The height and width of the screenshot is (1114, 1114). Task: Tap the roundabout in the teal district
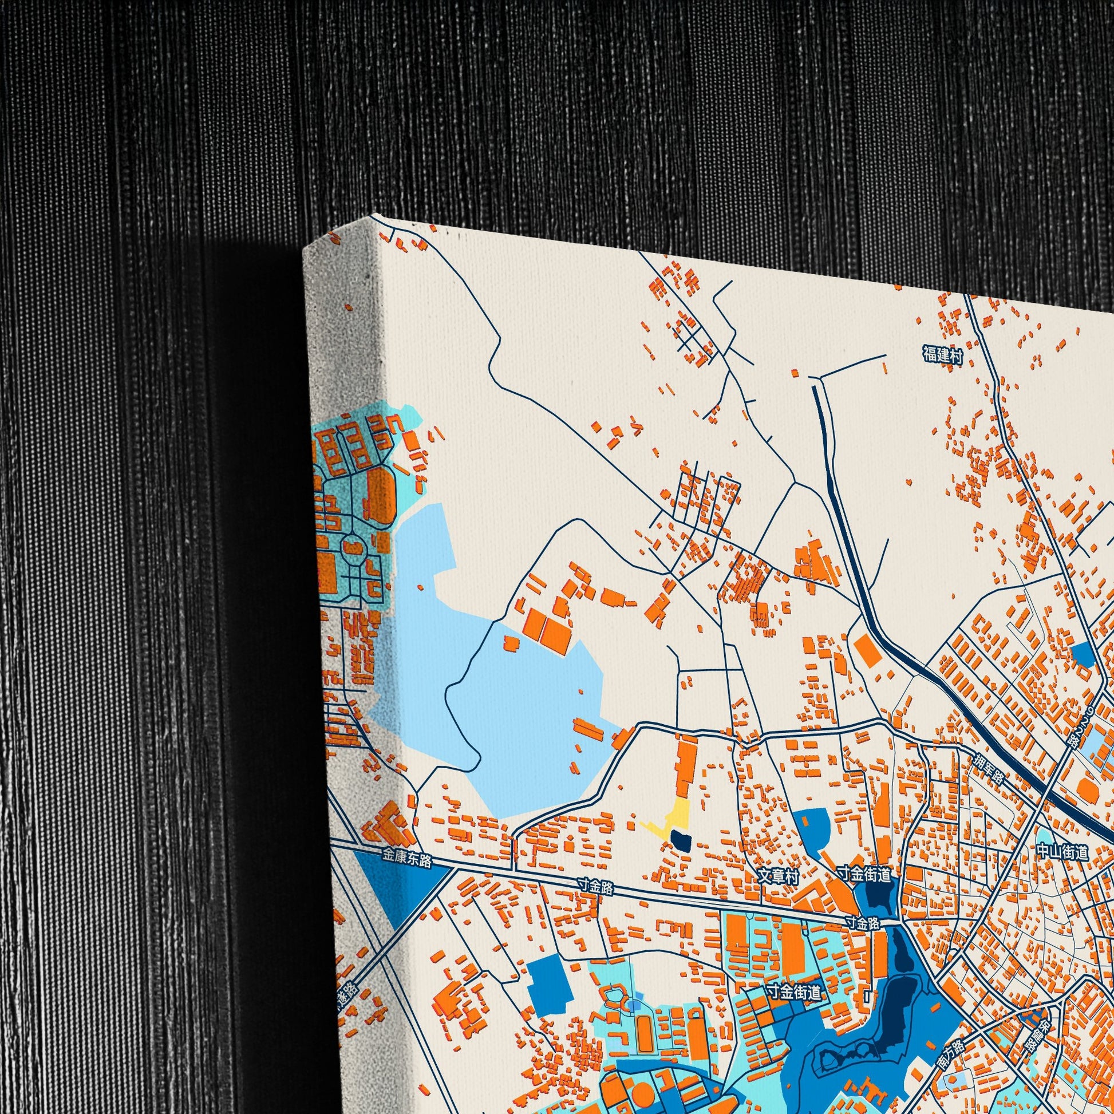352,545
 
